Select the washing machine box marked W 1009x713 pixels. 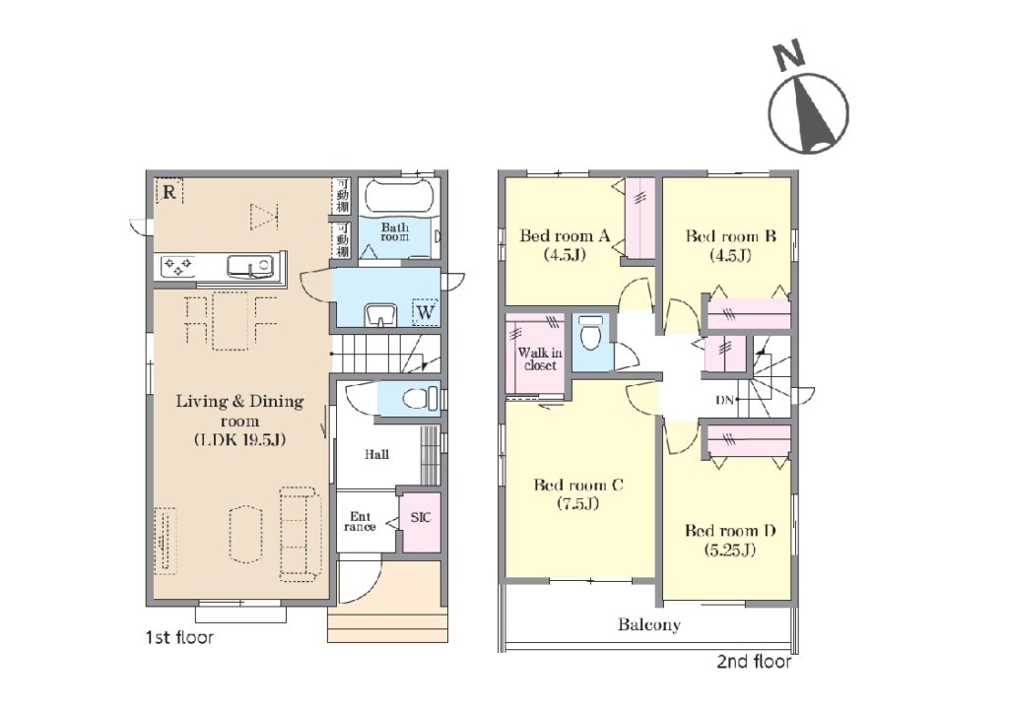[x=426, y=312]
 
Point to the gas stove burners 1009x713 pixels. [x=177, y=266]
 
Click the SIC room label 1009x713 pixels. [x=421, y=518]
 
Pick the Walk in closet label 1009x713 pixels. [x=540, y=358]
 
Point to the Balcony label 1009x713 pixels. [x=648, y=624]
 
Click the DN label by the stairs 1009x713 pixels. [x=724, y=400]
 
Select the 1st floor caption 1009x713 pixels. [x=179, y=638]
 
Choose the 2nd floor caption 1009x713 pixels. [x=754, y=662]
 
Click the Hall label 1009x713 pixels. [x=376, y=455]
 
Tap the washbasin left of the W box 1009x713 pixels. [x=381, y=316]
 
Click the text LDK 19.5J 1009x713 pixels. [x=239, y=440]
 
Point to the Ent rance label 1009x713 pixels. [x=360, y=521]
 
